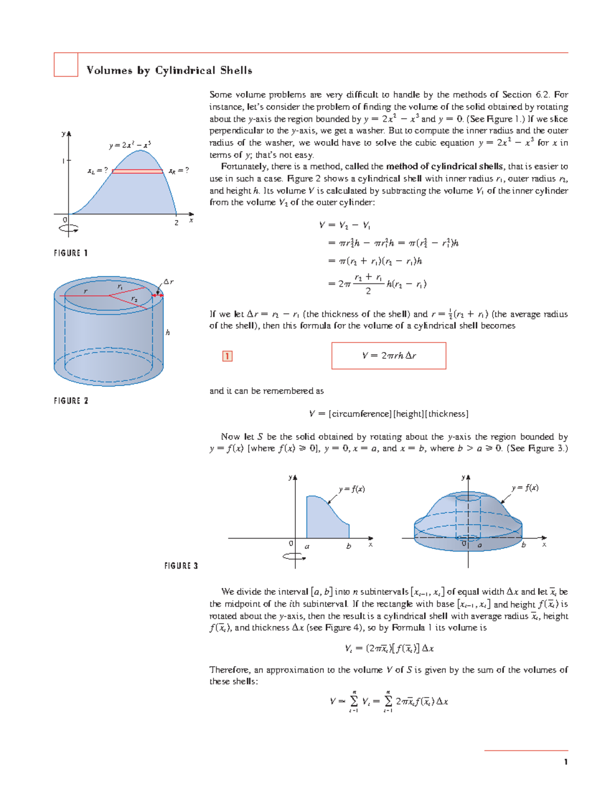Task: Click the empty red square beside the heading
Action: [66, 65]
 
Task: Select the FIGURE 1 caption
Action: [71, 253]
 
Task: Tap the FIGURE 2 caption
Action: [71, 401]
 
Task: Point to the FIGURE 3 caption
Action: [181, 565]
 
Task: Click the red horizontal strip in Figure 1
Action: [137, 171]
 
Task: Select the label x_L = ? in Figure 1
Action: [98, 171]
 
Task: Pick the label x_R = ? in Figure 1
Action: [178, 171]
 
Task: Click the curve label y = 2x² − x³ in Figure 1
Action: [130, 145]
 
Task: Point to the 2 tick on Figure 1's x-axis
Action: [176, 223]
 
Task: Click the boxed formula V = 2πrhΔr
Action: [389, 356]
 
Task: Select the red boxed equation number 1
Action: [227, 356]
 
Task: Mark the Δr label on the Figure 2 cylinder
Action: [168, 281]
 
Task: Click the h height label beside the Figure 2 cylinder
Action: [168, 332]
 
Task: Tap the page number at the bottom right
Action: [565, 762]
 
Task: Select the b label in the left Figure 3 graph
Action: [348, 546]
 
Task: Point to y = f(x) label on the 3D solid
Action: [525, 488]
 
